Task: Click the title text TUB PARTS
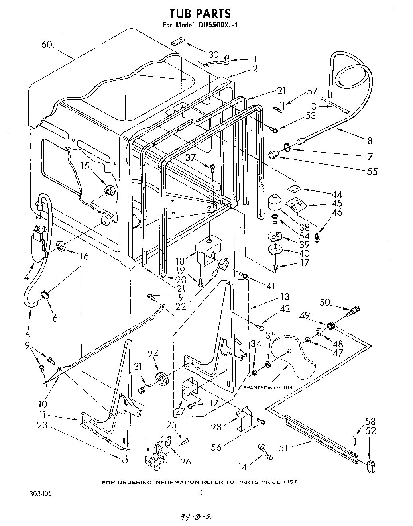tap(200, 14)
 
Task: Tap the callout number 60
tap(47, 45)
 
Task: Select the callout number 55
tap(371, 171)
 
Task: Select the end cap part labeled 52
tap(372, 466)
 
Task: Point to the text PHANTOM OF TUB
tap(267, 387)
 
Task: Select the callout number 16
tap(84, 256)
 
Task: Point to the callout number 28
tap(216, 427)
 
